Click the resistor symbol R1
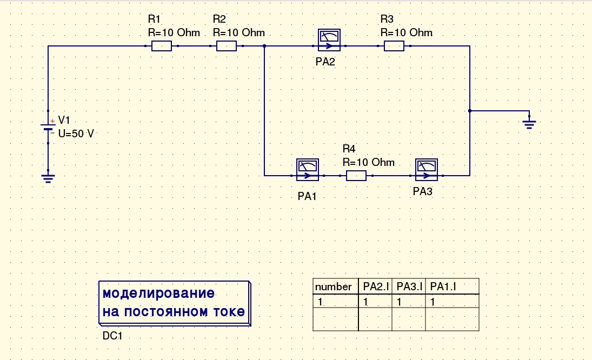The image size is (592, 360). pos(162,46)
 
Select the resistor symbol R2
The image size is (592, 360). pos(227,46)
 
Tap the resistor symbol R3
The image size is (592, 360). pos(394,46)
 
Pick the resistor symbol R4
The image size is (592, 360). pos(356,176)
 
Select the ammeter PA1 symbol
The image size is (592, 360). pos(308,169)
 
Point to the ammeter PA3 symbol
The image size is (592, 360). pos(427,169)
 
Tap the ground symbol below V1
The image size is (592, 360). pos(48,178)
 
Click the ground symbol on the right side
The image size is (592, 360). pos(529,124)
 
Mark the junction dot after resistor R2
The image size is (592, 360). pos(264,46)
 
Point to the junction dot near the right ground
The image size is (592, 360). pos(470,111)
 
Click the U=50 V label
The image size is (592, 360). pos(76,134)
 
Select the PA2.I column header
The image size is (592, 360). pos(376,286)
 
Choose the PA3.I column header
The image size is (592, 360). pos(409,286)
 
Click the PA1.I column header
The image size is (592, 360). pos(443,286)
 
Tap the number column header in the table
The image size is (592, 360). pos(333,286)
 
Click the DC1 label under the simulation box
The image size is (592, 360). pos(113,336)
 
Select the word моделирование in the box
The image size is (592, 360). pos(158,294)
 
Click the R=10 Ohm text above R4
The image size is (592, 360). pos(368,162)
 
